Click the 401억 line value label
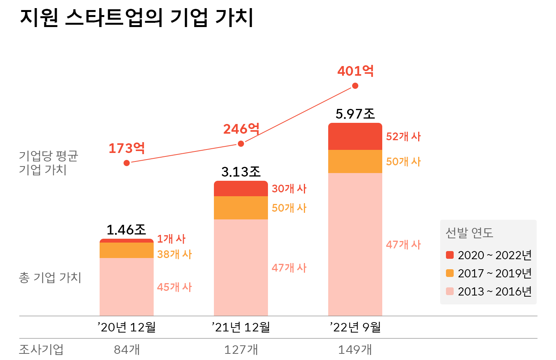coord(355,71)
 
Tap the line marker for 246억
coord(241,144)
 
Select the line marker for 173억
coord(127,163)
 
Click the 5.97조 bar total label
coord(355,114)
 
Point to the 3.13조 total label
coord(241,172)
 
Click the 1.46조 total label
coord(126,230)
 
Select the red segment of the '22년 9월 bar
coord(355,137)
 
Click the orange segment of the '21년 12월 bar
coord(241,208)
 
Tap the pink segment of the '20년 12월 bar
coord(127,287)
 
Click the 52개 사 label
coord(403,136)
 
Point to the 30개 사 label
coord(289,188)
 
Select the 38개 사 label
coord(174,254)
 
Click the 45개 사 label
coord(174,287)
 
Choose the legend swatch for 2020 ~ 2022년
coord(450,255)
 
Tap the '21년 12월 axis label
coord(241,327)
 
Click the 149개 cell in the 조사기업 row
coord(355,350)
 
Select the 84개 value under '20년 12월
coord(127,350)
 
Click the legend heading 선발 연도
coord(469,233)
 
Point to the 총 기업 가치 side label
coord(50,277)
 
